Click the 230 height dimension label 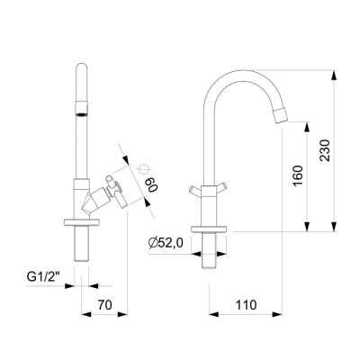pos(325,150)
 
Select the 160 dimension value pos(298,175)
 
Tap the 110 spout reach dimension pos(246,305)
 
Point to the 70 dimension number pos(104,305)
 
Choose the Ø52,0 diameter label pos(166,243)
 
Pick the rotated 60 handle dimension pos(151,184)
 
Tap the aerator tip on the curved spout pos(281,115)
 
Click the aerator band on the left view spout pos(81,109)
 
